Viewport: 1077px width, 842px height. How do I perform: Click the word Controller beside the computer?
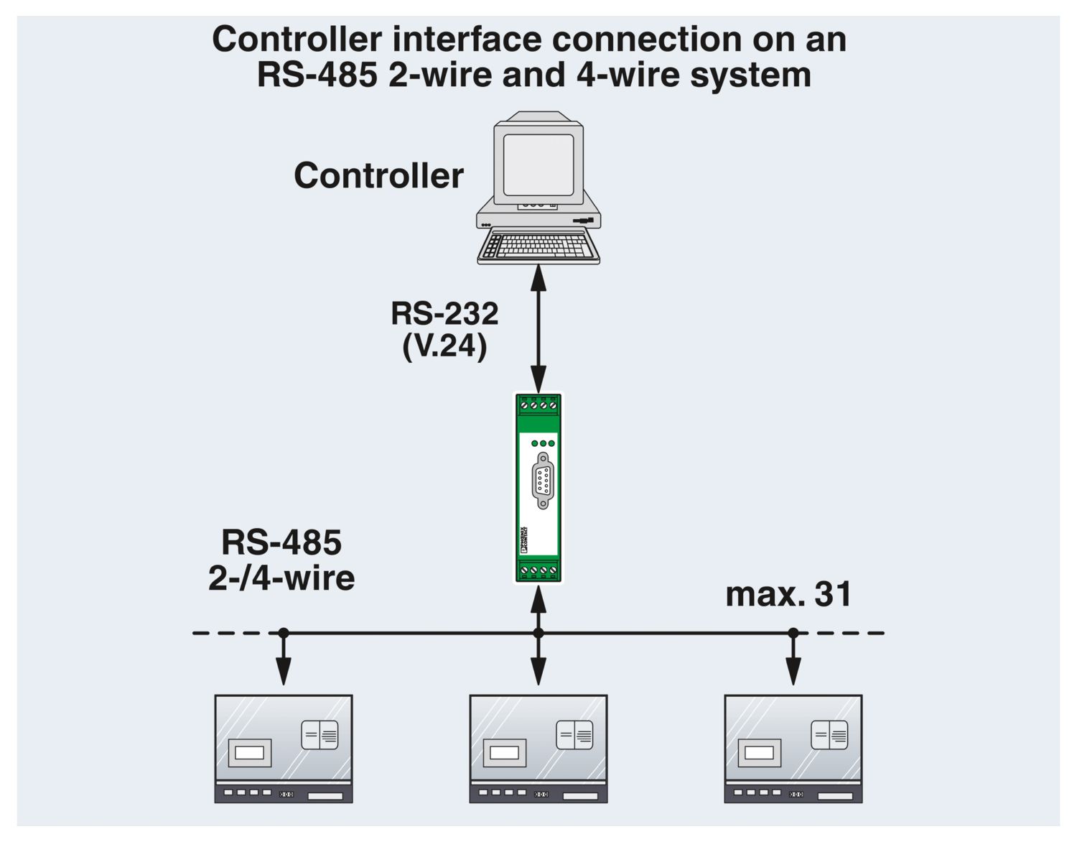[x=378, y=176]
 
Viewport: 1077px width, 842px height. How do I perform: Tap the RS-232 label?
[x=444, y=314]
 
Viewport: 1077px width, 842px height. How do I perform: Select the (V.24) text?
[x=444, y=346]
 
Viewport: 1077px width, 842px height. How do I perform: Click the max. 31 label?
[x=788, y=594]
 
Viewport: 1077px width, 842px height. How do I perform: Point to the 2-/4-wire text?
[x=281, y=578]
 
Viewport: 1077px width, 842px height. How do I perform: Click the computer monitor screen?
[x=538, y=165]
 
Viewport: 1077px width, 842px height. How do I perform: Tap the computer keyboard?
[x=539, y=246]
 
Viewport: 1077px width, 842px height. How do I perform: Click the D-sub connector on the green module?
[x=542, y=481]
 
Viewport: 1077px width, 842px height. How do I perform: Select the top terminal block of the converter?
[x=538, y=407]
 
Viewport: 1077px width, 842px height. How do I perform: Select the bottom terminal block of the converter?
[x=538, y=570]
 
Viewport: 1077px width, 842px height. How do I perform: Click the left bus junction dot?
[x=284, y=633]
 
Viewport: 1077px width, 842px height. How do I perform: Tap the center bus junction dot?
[x=538, y=633]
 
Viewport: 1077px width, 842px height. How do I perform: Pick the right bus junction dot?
[x=793, y=633]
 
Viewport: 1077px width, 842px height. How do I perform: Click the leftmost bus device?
[x=284, y=748]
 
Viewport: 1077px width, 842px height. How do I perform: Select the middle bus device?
[x=538, y=748]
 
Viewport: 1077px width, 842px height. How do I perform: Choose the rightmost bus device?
[x=793, y=748]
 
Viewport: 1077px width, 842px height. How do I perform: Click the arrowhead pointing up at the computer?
[x=538, y=277]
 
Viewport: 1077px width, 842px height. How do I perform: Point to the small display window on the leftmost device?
[x=249, y=753]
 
